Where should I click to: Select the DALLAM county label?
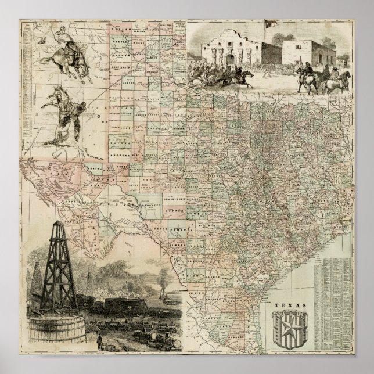(x=120, y=27)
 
